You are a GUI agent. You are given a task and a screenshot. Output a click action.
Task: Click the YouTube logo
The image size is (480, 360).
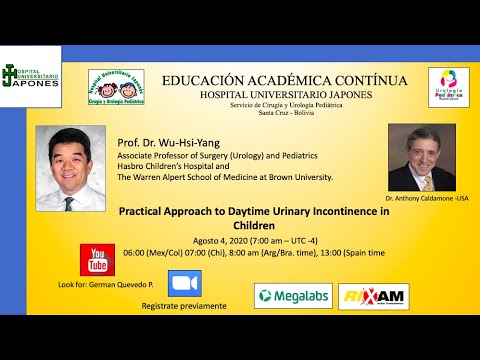tap(97, 260)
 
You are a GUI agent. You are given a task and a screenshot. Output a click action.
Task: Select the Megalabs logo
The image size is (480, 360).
tap(293, 295)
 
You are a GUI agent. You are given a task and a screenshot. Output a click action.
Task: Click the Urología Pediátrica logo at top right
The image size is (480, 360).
tap(448, 87)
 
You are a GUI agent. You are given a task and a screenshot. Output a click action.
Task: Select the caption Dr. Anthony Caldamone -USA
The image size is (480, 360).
tap(426, 198)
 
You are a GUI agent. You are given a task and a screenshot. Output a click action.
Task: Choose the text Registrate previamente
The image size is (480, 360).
tap(184, 305)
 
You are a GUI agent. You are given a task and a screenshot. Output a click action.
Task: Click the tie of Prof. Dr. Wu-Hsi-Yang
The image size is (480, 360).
tap(69, 203)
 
